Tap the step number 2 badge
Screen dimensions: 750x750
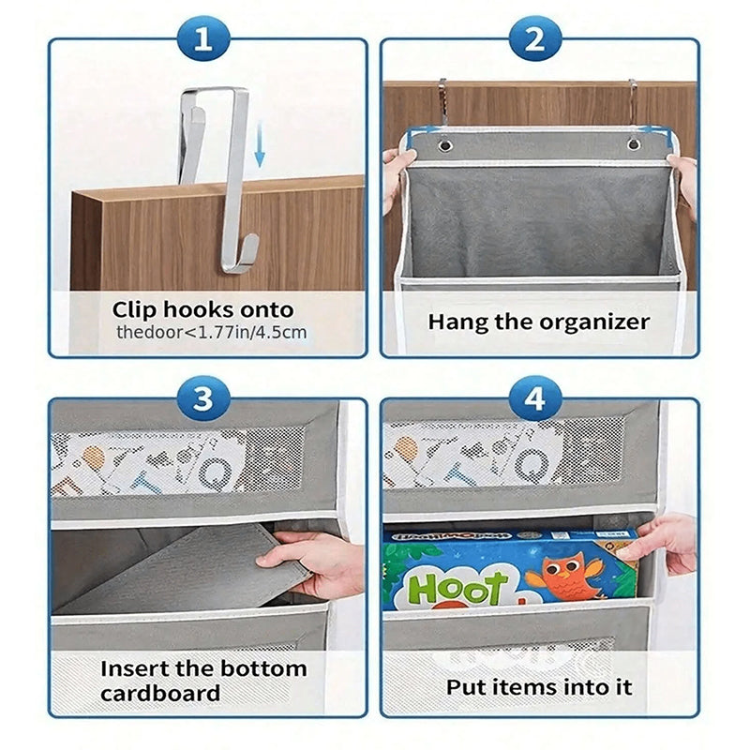534,39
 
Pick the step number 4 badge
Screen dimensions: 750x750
534,400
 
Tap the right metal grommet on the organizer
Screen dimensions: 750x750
635,145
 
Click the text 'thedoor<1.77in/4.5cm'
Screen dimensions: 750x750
212,332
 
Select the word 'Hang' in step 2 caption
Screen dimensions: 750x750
459,322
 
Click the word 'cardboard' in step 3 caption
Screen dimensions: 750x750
159,694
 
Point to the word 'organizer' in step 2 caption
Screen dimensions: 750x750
594,322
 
